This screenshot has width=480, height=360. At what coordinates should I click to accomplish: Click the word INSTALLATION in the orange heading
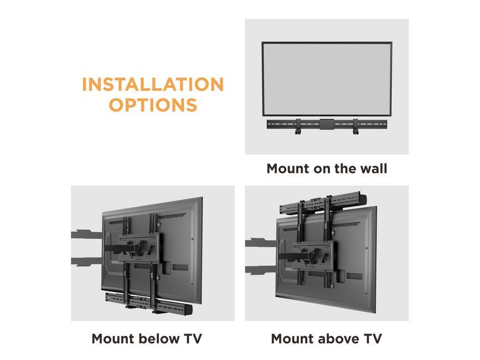[x=152, y=85]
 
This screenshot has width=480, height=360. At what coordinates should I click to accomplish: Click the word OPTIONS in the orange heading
[x=152, y=105]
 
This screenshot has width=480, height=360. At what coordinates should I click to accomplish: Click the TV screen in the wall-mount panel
[x=327, y=78]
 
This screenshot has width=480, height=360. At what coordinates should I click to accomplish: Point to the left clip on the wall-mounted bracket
[x=298, y=132]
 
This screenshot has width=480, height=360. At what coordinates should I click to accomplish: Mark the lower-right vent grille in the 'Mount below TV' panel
[x=180, y=267]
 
